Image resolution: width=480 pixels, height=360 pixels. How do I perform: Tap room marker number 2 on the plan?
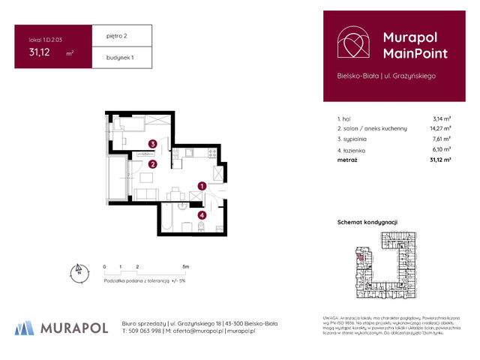152,164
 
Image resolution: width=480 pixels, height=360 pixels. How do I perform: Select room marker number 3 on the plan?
152,144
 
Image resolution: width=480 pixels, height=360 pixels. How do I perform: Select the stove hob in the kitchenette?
212,154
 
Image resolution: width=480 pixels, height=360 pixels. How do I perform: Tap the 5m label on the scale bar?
186,266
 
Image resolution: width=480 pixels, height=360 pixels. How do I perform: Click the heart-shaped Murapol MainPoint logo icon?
352,44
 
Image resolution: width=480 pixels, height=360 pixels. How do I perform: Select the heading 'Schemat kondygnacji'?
367,222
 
